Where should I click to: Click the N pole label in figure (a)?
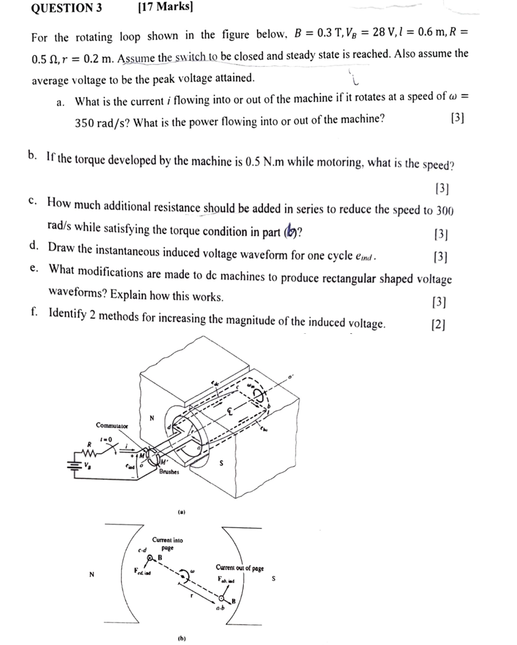(152, 418)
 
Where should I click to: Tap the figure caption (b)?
(182, 638)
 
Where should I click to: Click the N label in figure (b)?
(91, 574)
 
